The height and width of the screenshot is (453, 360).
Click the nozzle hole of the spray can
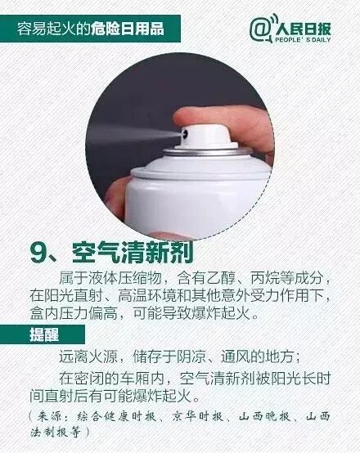(185, 133)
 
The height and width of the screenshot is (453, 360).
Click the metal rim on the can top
(208, 151)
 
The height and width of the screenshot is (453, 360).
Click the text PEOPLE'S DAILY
(303, 40)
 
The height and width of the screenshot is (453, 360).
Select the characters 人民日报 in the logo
(303, 29)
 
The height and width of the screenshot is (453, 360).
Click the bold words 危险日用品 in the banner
(128, 29)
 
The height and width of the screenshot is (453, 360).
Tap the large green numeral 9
(39, 253)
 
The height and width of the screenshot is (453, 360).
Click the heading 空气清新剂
(133, 252)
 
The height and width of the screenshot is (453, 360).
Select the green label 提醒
(44, 334)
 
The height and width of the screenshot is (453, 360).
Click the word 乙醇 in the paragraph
(220, 278)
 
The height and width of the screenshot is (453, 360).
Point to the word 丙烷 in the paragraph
(264, 278)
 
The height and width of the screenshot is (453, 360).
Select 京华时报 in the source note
(198, 416)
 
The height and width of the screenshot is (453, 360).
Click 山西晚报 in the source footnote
(264, 416)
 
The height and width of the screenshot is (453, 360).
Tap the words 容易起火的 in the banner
(53, 29)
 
